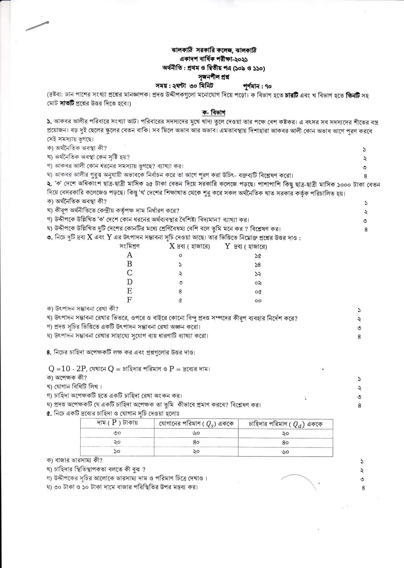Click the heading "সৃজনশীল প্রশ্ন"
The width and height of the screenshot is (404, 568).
[209, 77]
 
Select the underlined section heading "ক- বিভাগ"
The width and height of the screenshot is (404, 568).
[214, 113]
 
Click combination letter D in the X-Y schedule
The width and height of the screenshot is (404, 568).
[129, 282]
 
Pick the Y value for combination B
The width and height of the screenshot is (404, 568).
[258, 265]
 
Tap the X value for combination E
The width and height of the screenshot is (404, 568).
[180, 291]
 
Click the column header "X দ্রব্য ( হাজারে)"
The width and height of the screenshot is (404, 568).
[190, 246]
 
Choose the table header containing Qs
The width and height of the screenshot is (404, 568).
[196, 424]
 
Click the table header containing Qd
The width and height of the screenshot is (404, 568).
[285, 424]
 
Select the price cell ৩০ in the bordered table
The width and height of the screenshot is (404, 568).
[117, 433]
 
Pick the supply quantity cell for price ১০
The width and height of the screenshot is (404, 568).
[196, 451]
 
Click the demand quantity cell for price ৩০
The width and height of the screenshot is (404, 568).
[285, 433]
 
